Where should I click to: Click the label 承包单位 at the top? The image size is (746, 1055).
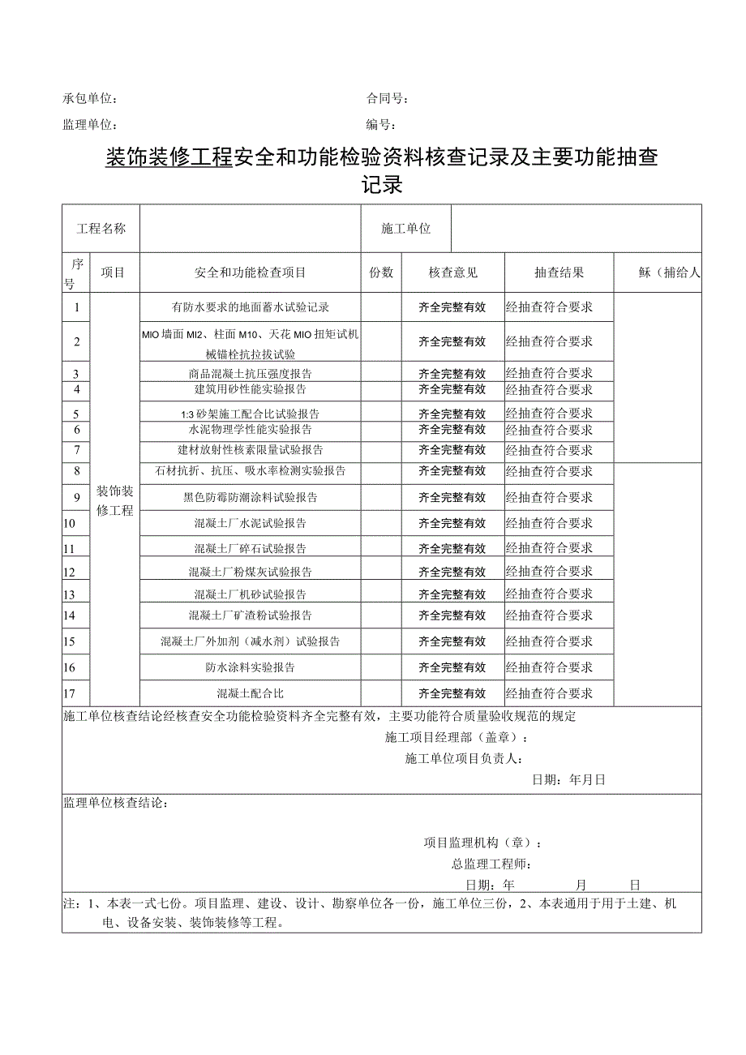pyautogui.click(x=89, y=100)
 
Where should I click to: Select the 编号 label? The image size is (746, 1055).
pyautogui.click(x=380, y=126)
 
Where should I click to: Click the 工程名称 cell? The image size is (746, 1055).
pyautogui.click(x=101, y=229)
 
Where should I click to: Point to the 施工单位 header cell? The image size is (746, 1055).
pyautogui.click(x=406, y=229)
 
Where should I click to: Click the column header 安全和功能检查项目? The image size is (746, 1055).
pyautogui.click(x=251, y=272)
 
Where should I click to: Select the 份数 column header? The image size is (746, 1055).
pyautogui.click(x=381, y=272)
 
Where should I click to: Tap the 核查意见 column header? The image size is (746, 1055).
pyautogui.click(x=454, y=272)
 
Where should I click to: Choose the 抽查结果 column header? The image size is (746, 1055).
pyautogui.click(x=559, y=272)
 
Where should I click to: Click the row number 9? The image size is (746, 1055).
pyautogui.click(x=76, y=497)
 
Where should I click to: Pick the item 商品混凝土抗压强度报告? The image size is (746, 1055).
pyautogui.click(x=251, y=374)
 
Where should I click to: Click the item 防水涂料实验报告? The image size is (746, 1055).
pyautogui.click(x=251, y=667)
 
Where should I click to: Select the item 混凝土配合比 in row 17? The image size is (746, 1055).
pyautogui.click(x=251, y=693)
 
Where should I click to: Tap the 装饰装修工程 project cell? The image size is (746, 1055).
pyautogui.click(x=115, y=500)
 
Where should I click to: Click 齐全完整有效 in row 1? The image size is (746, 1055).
pyautogui.click(x=452, y=307)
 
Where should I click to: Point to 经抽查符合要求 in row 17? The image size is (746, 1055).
pyautogui.click(x=550, y=693)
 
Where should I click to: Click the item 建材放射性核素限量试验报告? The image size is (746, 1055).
pyautogui.click(x=251, y=450)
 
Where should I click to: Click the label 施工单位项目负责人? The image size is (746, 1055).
pyautogui.click(x=463, y=759)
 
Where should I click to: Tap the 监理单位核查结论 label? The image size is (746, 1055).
pyautogui.click(x=115, y=803)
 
